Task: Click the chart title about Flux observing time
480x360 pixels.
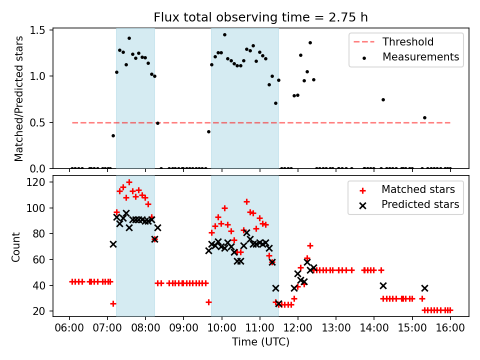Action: point(260,17)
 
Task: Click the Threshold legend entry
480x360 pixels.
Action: point(408,41)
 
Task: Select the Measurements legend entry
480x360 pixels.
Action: point(420,56)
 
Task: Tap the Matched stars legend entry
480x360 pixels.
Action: point(418,189)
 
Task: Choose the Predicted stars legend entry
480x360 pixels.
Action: point(420,204)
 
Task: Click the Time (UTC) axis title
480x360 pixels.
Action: point(260,342)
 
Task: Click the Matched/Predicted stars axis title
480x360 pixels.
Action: point(18,98)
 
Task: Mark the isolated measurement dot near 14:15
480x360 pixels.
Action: point(383,99)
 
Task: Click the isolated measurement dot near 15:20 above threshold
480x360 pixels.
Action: point(424,117)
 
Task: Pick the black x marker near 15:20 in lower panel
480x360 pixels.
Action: point(424,288)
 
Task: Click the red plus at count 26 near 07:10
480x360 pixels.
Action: point(113,303)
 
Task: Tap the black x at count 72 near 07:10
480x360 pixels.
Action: point(113,244)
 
